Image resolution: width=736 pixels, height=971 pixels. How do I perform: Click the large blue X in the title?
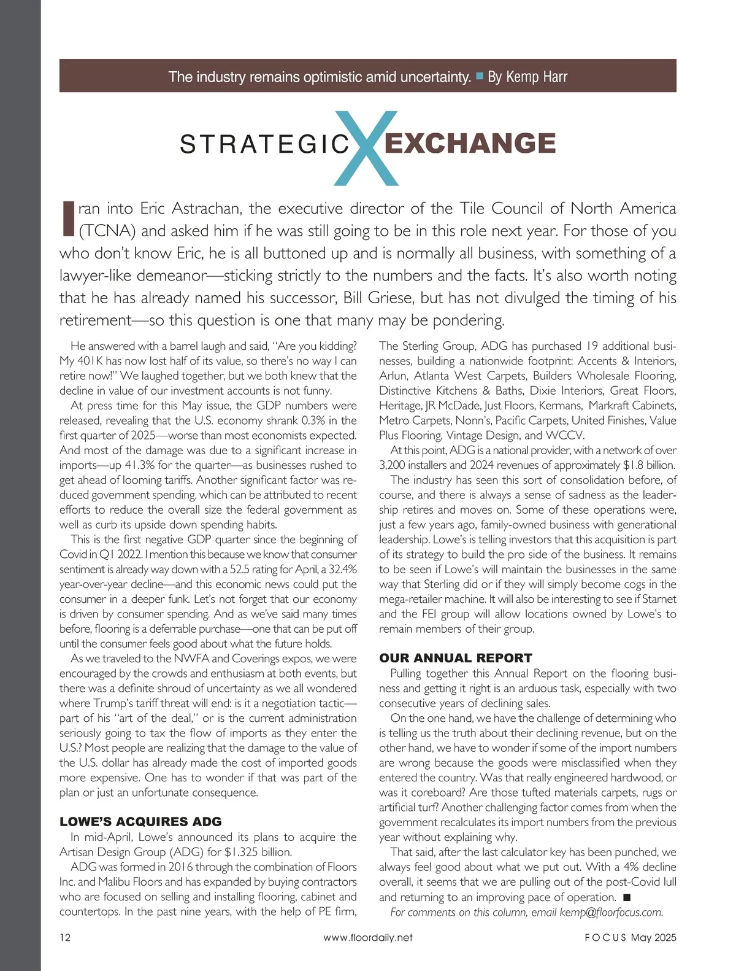pyautogui.click(x=367, y=147)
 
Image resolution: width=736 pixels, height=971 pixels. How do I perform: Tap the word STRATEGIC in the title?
pyautogui.click(x=264, y=144)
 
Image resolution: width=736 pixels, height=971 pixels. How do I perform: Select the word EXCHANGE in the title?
pyautogui.click(x=470, y=143)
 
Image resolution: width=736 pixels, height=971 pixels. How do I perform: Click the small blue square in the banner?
pyautogui.click(x=480, y=76)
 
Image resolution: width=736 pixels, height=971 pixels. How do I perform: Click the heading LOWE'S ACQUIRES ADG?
pyautogui.click(x=140, y=821)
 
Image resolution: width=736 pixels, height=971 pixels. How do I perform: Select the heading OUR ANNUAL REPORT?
pyautogui.click(x=455, y=658)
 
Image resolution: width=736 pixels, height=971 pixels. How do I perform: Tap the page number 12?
pyautogui.click(x=65, y=937)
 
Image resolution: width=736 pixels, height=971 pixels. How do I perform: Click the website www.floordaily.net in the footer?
pyautogui.click(x=368, y=937)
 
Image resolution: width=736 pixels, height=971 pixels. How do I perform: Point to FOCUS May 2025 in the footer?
pyautogui.click(x=631, y=937)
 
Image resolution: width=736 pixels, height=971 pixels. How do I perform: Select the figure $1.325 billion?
pyautogui.click(x=258, y=852)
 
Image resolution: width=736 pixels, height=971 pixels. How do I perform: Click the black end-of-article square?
pyautogui.click(x=626, y=897)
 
